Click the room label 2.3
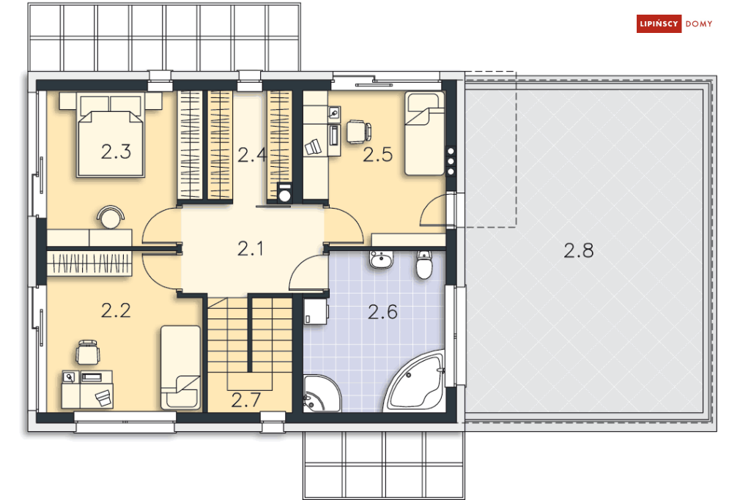point(116,152)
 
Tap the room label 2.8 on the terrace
point(578,250)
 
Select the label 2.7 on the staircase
point(246,400)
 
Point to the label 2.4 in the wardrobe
point(252,154)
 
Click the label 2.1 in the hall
point(250,249)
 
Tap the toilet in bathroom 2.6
point(424,264)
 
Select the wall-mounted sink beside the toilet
point(381,259)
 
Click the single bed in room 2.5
point(424,133)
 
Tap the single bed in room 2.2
point(180,367)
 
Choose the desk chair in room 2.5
point(358,131)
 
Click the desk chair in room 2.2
point(88,352)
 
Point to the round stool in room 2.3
point(111,217)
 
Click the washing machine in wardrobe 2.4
point(284,193)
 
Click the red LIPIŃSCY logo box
point(659,23)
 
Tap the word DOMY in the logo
point(699,24)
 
